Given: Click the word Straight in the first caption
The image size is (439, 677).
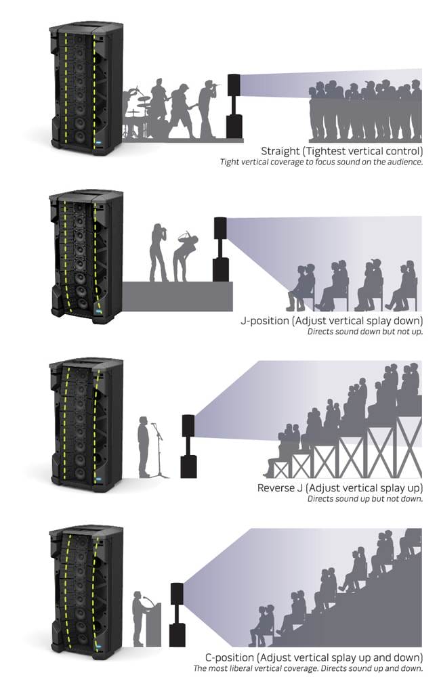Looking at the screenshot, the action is point(280,151).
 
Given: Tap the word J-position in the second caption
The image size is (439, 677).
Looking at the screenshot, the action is point(264,321).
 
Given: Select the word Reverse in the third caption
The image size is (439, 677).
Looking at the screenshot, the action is point(275,488).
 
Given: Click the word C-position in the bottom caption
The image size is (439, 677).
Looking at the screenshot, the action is point(230,657).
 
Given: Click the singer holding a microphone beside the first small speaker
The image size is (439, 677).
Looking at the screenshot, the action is point(208,109).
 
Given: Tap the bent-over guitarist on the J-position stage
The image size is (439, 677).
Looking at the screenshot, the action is point(184,256).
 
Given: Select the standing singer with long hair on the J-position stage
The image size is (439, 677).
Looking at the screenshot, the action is point(158,253).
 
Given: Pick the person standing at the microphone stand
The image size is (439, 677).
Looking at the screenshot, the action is point(144,447).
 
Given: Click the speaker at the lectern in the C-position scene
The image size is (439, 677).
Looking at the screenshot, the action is point(138,618).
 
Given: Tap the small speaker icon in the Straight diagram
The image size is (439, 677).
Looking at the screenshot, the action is point(234,106).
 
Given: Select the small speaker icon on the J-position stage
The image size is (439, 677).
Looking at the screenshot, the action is point(220,250).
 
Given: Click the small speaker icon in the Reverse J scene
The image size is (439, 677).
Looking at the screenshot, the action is point(188,446).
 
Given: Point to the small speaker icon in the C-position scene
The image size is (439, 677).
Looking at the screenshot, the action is point(177,615).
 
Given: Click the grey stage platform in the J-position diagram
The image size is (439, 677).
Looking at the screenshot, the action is point(177,297).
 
